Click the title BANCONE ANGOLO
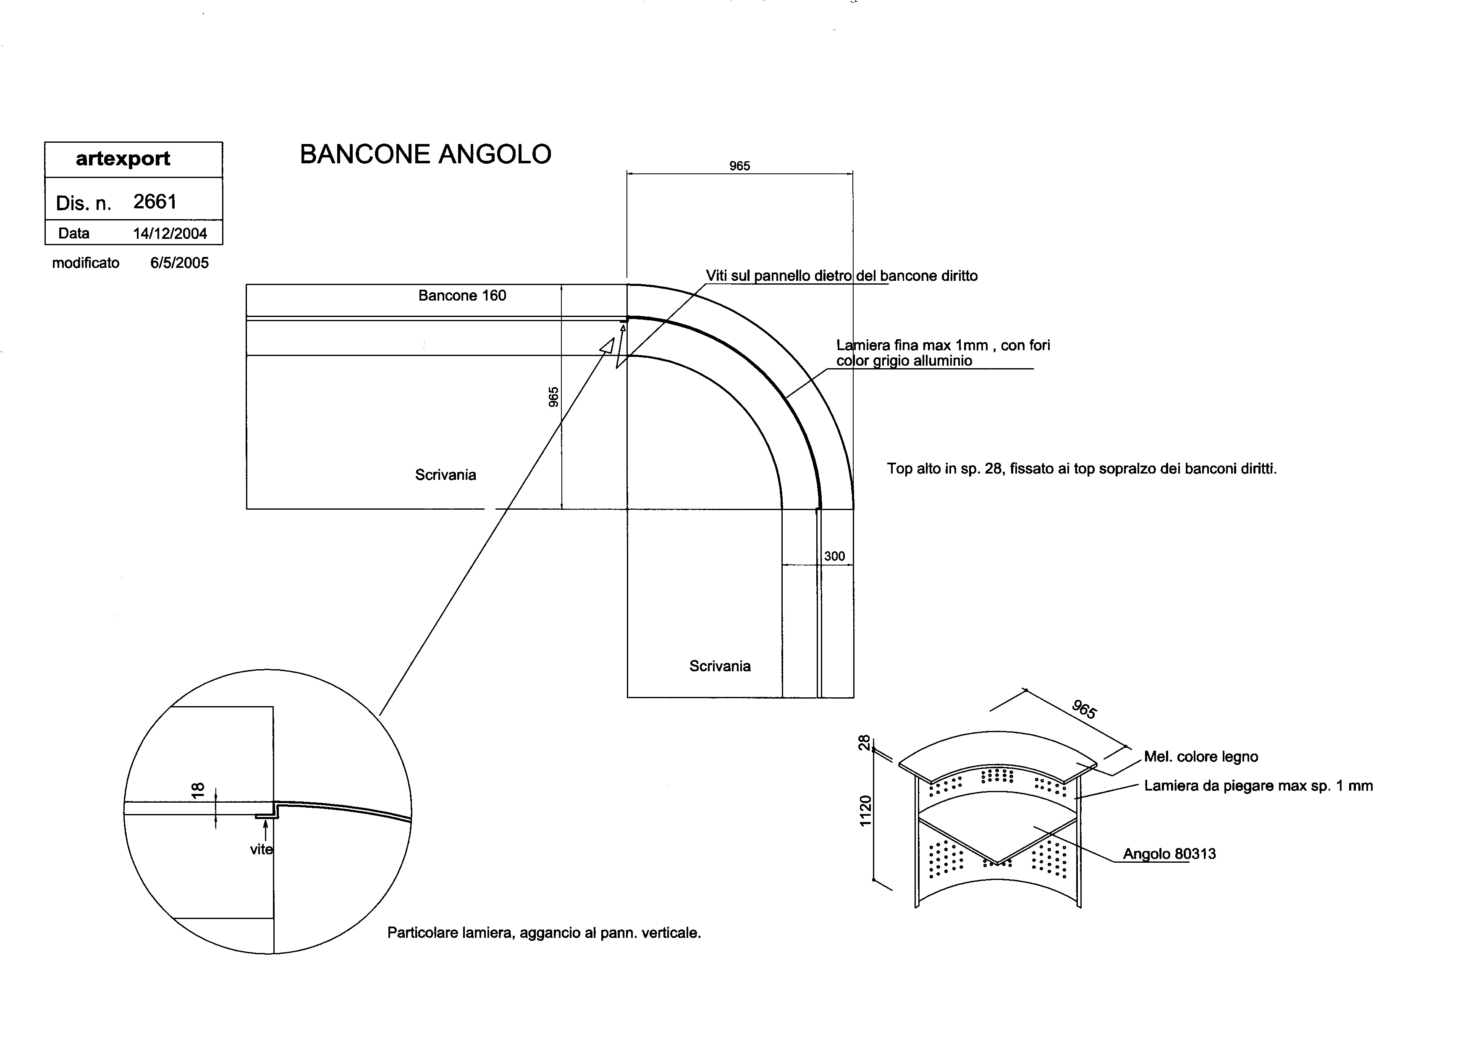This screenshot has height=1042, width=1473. click(x=425, y=154)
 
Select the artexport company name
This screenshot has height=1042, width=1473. click(x=123, y=158)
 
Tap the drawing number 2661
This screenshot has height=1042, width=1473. click(x=155, y=202)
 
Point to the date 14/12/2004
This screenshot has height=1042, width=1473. click(x=170, y=233)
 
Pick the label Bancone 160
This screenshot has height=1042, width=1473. click(x=462, y=296)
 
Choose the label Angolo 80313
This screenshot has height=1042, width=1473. click(x=1169, y=854)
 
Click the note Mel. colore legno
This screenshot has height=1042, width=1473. click(x=1201, y=757)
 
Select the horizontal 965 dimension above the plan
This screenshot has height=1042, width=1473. click(x=739, y=166)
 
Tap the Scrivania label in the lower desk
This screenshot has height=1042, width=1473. click(x=720, y=666)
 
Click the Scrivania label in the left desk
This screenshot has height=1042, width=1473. click(x=445, y=475)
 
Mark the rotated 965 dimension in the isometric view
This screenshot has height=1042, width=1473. click(x=1084, y=710)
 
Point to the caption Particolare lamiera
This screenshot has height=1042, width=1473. click(x=543, y=933)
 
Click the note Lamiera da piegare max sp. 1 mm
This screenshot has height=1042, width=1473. click(x=1258, y=786)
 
